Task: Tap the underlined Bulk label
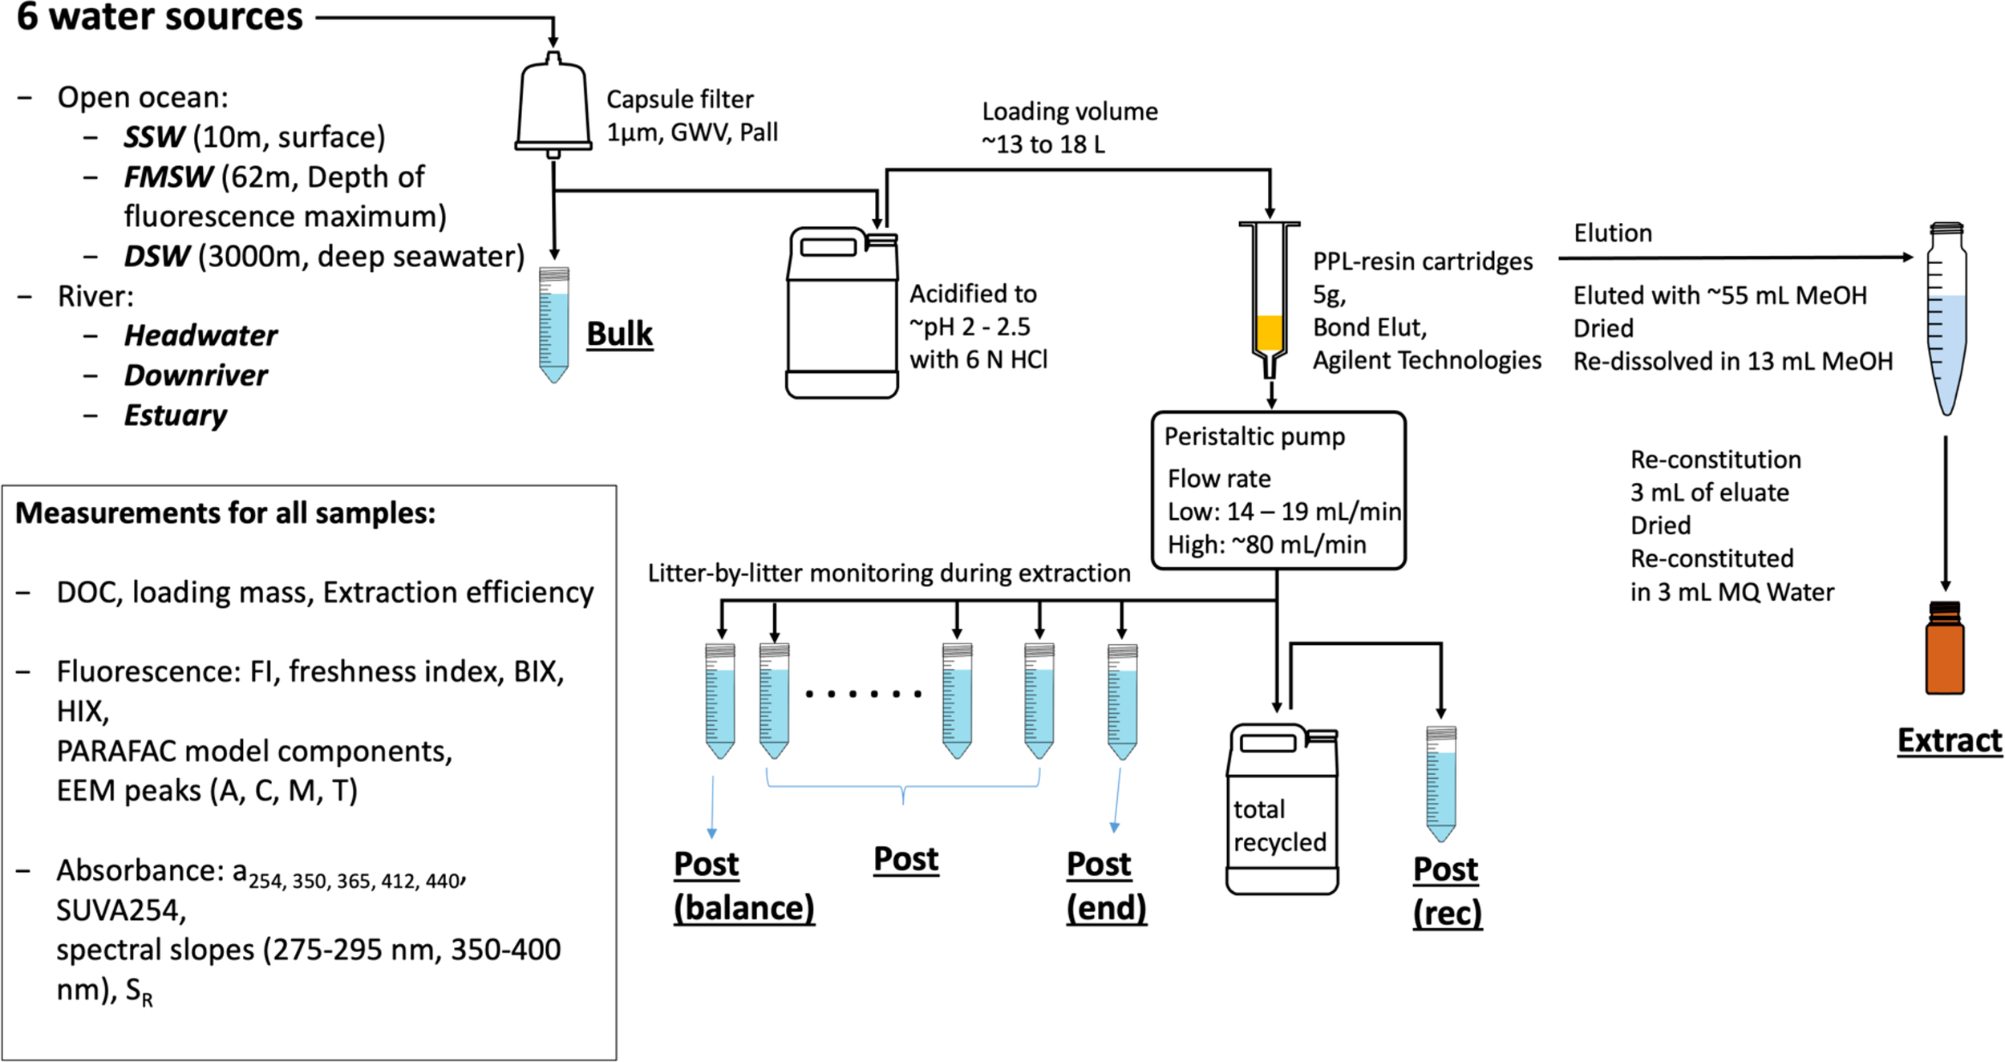pyautogui.click(x=619, y=334)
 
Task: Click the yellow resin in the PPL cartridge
pyautogui.click(x=1269, y=332)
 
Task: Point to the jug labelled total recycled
pyautogui.click(x=1282, y=810)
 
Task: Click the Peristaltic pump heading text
pyautogui.click(x=1254, y=437)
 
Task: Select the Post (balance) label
pyautogui.click(x=743, y=886)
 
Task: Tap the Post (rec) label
pyautogui.click(x=1447, y=891)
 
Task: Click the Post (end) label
pyautogui.click(x=1106, y=886)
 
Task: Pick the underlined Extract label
pyautogui.click(x=1949, y=740)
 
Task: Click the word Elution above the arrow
pyautogui.click(x=1612, y=233)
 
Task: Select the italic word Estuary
pyautogui.click(x=175, y=415)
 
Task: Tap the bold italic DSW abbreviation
pyautogui.click(x=156, y=257)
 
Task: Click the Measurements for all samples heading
pyautogui.click(x=225, y=513)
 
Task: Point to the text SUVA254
pyautogui.click(x=120, y=910)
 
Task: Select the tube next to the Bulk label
pyautogui.click(x=553, y=325)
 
